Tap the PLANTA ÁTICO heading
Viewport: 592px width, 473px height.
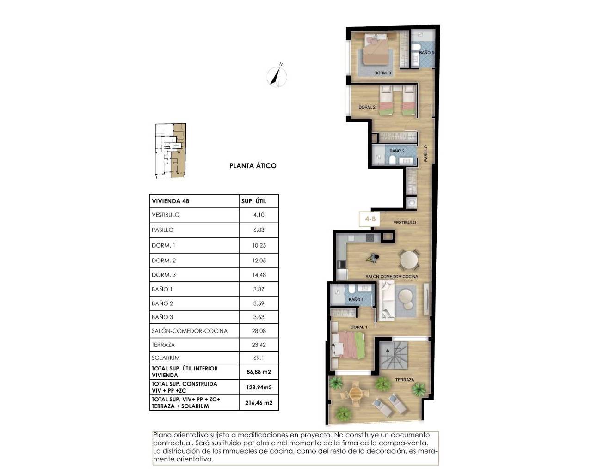point(253,165)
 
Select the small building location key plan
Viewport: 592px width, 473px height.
point(170,151)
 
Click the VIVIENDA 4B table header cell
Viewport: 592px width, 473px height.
point(171,201)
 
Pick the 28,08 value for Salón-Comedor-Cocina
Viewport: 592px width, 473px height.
point(259,331)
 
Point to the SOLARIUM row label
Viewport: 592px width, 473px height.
point(166,358)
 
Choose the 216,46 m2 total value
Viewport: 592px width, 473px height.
point(259,403)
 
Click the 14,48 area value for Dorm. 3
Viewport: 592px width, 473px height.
point(259,275)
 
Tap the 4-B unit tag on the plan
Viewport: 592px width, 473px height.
point(370,219)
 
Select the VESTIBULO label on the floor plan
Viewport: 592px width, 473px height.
point(405,223)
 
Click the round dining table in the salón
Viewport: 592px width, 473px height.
point(409,260)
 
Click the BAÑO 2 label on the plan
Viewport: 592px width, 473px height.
point(397,151)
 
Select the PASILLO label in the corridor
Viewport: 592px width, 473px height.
point(426,153)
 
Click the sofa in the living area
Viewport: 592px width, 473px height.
point(386,301)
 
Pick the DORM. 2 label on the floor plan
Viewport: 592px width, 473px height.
point(367,107)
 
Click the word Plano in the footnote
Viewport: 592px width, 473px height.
point(162,435)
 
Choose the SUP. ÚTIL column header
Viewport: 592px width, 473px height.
point(254,201)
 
